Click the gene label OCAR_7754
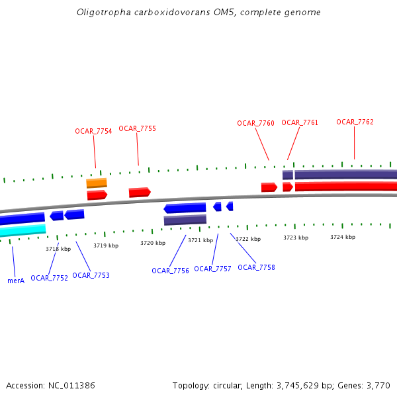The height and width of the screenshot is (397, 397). tap(93, 131)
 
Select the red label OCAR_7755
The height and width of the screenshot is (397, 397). tap(137, 128)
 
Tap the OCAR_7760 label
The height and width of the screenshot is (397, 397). tap(255, 123)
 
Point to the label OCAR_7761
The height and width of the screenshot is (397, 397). tap(300, 122)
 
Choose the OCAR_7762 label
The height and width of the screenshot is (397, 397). tap(355, 122)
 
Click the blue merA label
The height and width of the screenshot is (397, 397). tap(16, 281)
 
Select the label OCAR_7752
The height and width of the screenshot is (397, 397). tap(49, 278)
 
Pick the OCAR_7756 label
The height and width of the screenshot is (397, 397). tap(170, 271)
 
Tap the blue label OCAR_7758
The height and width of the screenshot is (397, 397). tap(256, 267)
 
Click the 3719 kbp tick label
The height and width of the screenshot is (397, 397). tap(106, 245)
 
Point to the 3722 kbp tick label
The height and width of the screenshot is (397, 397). tap(248, 239)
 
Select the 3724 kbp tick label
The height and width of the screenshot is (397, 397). tap(343, 237)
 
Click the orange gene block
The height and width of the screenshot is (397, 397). tap(97, 183)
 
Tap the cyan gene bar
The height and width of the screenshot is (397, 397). tap(22, 230)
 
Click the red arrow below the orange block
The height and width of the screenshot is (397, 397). tap(97, 195)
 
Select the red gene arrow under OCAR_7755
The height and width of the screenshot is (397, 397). tap(140, 192)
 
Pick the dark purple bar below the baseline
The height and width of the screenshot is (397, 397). tap(185, 220)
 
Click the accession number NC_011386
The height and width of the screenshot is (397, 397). tap(73, 385)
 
